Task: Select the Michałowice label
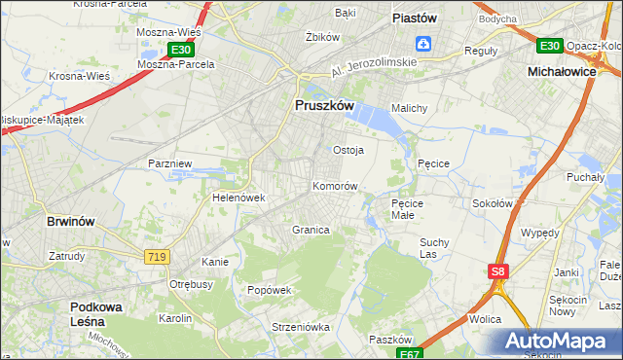tap(561, 72)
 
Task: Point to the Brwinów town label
tap(71, 221)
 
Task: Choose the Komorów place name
tap(336, 185)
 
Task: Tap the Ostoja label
tap(348, 150)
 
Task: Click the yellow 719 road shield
tap(157, 256)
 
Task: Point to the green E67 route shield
tap(411, 354)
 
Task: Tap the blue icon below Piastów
tap(423, 43)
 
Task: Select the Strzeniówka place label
tap(275, 327)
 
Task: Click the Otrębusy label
tap(191, 284)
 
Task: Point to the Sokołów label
tap(492, 203)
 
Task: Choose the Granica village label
tap(311, 230)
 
